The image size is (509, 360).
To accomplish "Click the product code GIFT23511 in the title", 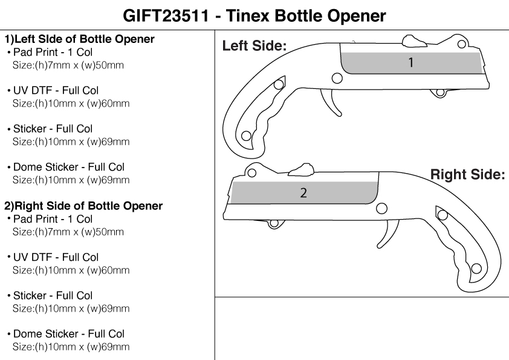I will (166, 15).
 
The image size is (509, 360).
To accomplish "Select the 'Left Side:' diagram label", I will (254, 45).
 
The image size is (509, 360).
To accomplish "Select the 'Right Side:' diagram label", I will (467, 175).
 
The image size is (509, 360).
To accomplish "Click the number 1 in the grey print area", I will (411, 62).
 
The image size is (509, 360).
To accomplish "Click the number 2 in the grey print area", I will (303, 193).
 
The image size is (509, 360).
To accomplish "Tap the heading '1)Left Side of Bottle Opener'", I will (80, 39).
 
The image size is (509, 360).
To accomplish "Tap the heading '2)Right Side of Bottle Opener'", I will (83, 206).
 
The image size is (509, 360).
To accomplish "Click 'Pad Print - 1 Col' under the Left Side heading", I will (53, 53).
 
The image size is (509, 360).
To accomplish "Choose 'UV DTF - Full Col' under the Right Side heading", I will (56, 257).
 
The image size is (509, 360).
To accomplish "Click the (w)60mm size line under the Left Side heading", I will (71, 103).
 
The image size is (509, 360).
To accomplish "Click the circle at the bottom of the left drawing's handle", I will (246, 136).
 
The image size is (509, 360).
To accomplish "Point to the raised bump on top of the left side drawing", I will (413, 41).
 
